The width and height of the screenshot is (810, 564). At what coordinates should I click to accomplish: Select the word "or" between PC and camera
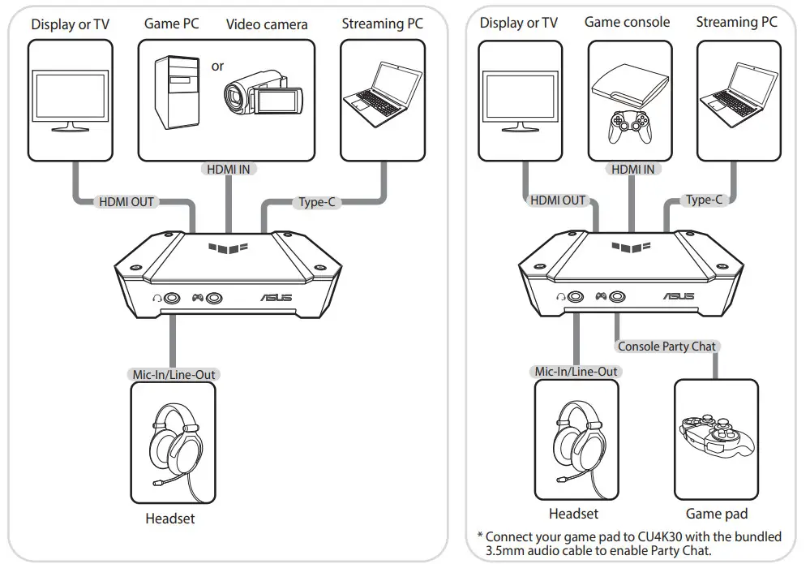point(217,66)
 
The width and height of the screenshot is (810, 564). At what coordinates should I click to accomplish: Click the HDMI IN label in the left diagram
point(229,170)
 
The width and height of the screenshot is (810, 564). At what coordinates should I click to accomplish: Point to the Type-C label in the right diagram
point(703,200)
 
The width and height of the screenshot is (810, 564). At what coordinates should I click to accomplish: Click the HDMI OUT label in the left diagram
point(126,201)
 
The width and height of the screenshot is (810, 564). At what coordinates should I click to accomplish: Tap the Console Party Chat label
point(666,347)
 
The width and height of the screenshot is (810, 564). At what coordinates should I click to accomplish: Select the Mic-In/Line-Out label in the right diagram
point(576,372)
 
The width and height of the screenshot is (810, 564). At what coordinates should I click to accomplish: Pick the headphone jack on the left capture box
point(172,298)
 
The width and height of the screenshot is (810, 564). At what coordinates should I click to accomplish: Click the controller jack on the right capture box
point(618,298)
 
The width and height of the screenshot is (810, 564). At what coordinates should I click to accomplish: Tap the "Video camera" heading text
point(267,24)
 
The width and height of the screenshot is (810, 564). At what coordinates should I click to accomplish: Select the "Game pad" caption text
point(717,514)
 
